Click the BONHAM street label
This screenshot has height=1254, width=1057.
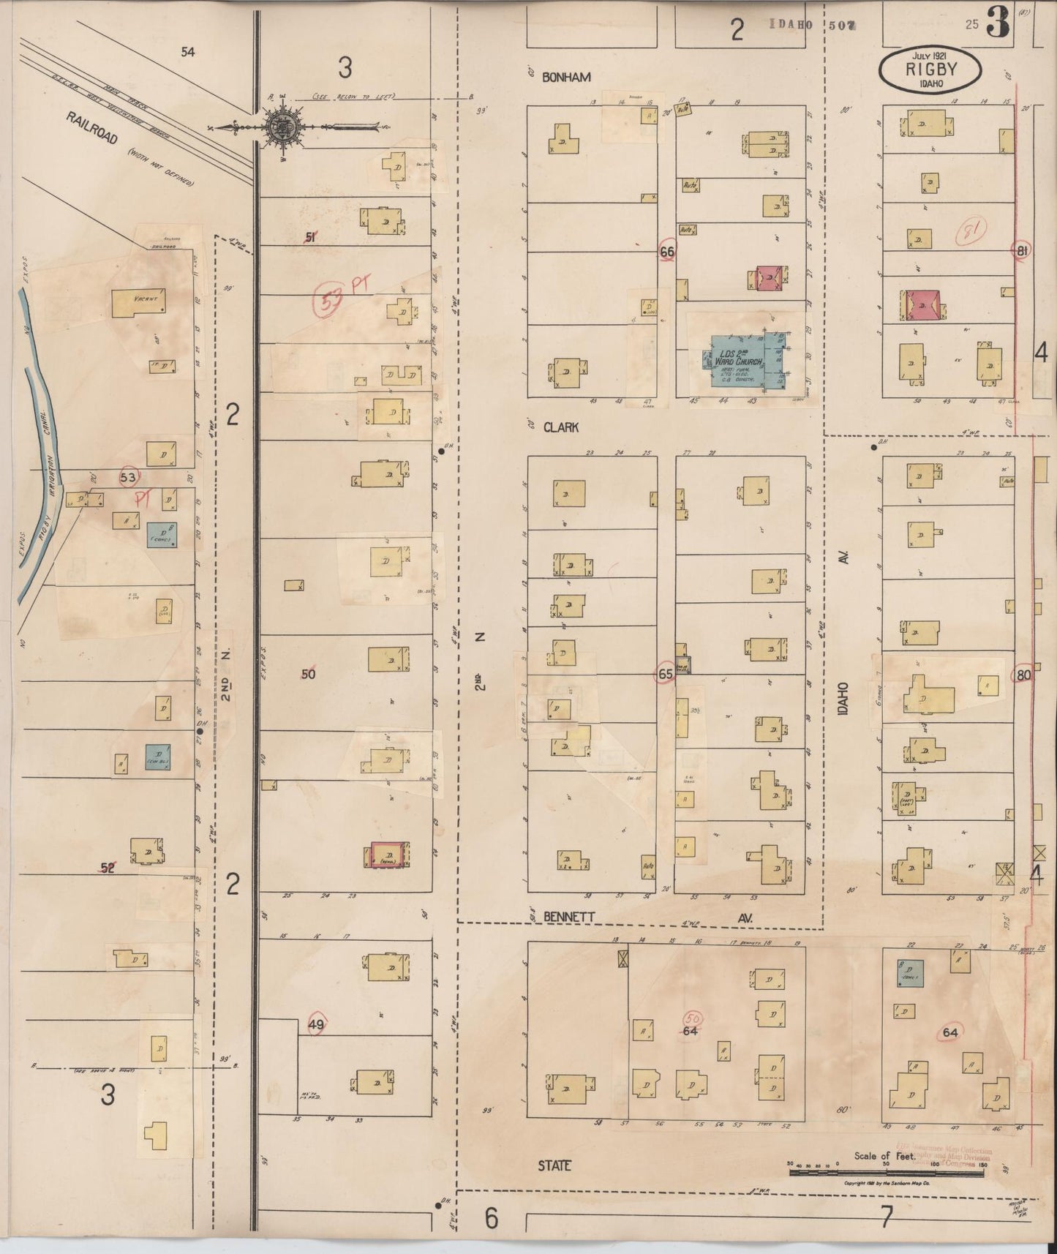(567, 77)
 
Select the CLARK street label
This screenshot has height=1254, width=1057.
(561, 427)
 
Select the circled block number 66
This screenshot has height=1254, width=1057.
(666, 251)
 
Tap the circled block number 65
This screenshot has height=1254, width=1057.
(664, 674)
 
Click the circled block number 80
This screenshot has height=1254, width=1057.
(1023, 675)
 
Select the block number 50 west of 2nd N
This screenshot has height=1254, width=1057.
(308, 674)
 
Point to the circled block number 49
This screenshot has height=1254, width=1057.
(315, 1025)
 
